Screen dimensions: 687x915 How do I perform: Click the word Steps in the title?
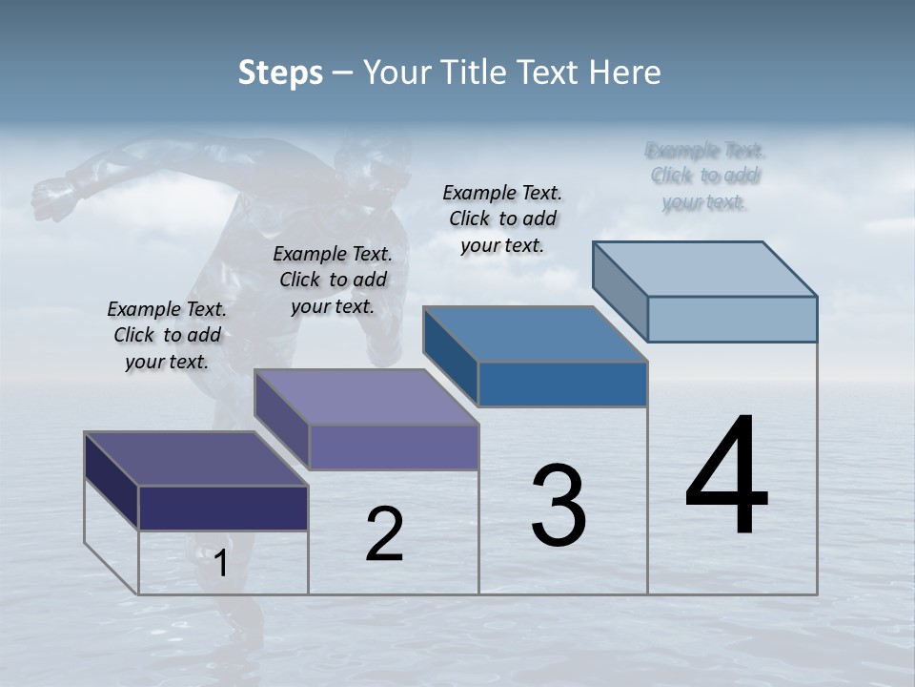click(280, 73)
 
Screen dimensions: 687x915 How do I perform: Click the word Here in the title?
click(625, 73)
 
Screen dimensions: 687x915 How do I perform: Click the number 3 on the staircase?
click(559, 506)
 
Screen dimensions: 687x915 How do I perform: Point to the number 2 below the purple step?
click(384, 534)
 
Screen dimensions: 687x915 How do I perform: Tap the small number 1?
click(221, 563)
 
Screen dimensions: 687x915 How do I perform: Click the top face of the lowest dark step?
click(195, 458)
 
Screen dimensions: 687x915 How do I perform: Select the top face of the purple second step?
click(365, 396)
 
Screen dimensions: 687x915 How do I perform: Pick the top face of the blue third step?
click(535, 334)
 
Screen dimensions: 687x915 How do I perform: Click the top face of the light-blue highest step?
click(704, 268)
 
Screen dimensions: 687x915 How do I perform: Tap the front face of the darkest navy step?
click(223, 508)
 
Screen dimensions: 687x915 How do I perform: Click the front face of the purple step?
click(393, 447)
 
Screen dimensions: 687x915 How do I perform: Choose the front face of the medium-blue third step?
click(562, 384)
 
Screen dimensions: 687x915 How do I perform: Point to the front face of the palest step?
click(732, 319)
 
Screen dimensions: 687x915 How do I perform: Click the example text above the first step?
click(167, 335)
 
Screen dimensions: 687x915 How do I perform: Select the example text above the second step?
click(333, 280)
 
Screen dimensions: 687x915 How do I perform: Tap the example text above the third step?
click(502, 219)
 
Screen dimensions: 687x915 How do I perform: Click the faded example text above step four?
click(704, 176)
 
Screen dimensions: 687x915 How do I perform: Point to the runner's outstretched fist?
click(48, 195)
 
